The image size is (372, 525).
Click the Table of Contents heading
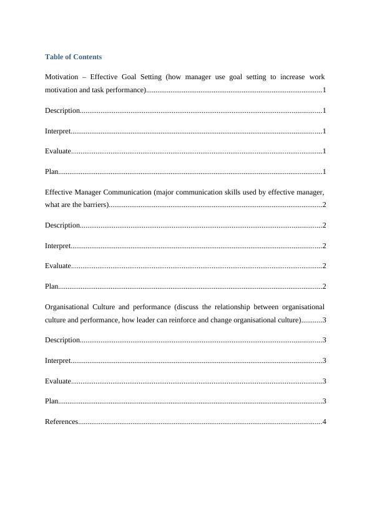[73, 57]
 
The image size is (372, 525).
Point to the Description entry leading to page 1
[62, 111]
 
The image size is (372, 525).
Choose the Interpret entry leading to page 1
[57, 131]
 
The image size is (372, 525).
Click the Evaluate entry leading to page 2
[58, 266]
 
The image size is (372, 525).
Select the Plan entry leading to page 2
[52, 286]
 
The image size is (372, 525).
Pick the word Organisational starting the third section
[66, 307]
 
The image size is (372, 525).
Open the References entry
[61, 422]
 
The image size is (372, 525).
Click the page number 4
[325, 422]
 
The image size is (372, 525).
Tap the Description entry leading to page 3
[62, 340]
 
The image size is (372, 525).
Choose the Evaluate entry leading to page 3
[58, 381]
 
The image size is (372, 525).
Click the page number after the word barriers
[325, 205]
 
